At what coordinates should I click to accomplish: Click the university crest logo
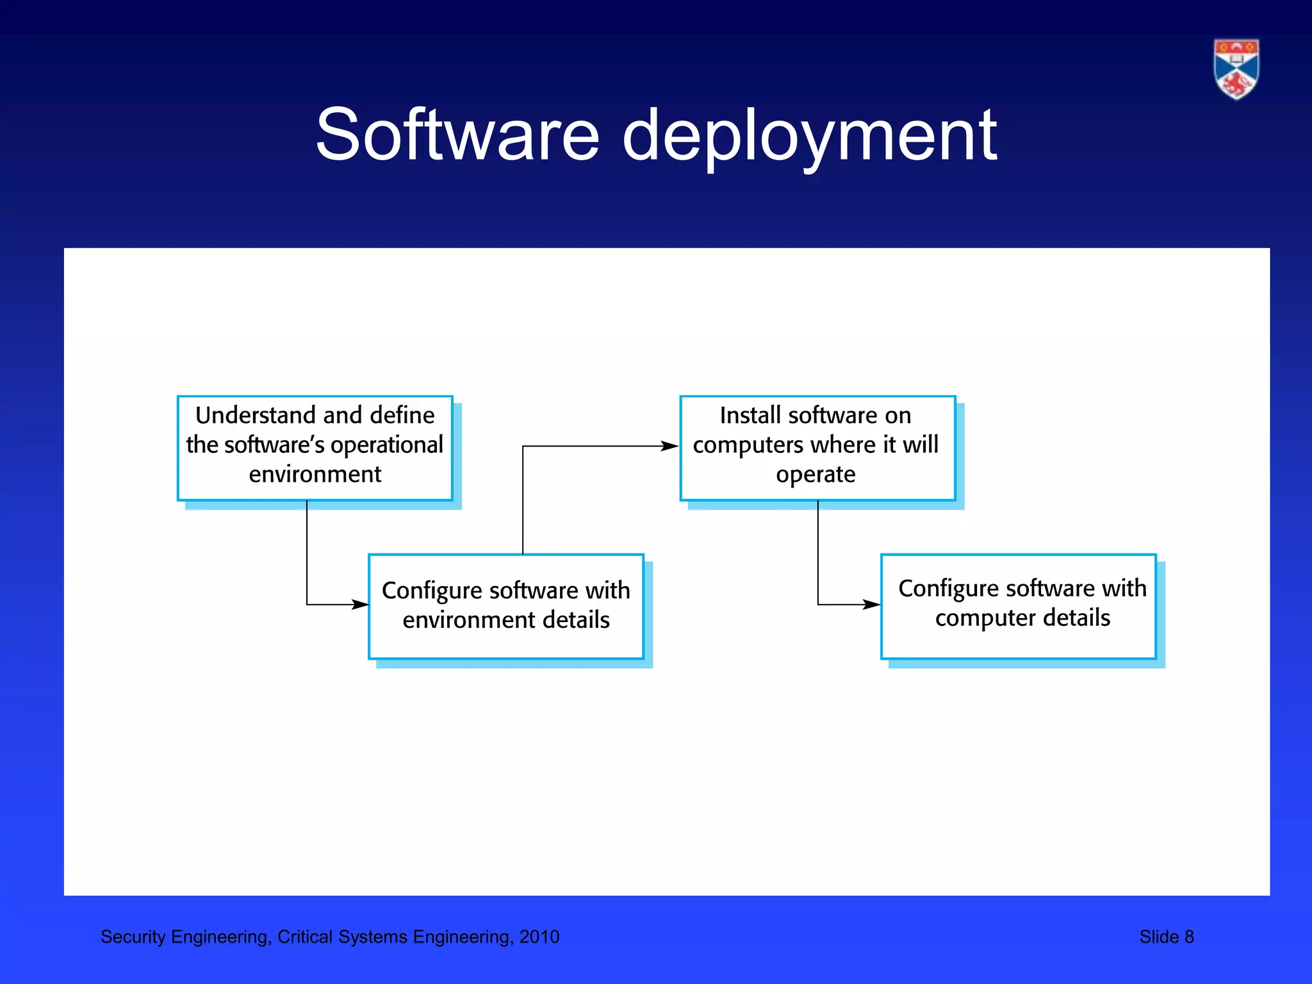[x=1236, y=69]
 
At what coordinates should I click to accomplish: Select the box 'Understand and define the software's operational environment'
[x=315, y=448]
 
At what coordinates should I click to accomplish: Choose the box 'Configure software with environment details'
[x=505, y=606]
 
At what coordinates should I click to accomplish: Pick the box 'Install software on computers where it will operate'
[x=817, y=448]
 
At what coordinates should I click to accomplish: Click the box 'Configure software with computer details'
[x=1018, y=606]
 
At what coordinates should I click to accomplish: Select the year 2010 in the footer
[x=539, y=937]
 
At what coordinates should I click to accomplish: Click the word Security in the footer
[x=133, y=937]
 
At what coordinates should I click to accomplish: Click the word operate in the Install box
[x=816, y=475]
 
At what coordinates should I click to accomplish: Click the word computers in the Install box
[x=747, y=445]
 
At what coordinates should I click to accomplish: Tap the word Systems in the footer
[x=373, y=937]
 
